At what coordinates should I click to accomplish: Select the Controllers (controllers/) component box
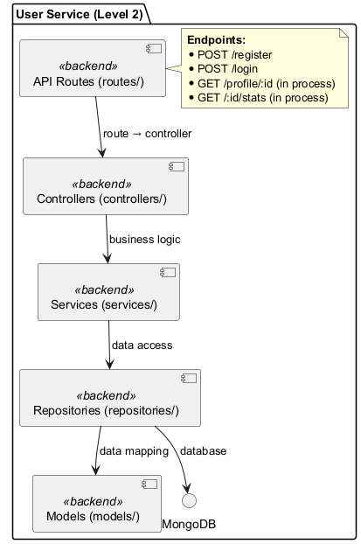coord(106,186)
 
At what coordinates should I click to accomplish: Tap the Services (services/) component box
coord(108,292)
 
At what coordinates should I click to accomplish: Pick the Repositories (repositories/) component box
coord(106,398)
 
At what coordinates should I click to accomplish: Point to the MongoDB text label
coord(189,524)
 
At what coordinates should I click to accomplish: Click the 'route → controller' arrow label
coord(147,134)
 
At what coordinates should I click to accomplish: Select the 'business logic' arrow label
coord(145,239)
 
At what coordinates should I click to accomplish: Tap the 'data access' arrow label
coord(142,345)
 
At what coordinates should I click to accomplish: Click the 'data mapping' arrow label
coord(134,451)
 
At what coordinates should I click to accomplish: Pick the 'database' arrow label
coord(203,451)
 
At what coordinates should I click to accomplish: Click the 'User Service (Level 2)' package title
coord(79,13)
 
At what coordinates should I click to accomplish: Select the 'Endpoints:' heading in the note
coord(216,40)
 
